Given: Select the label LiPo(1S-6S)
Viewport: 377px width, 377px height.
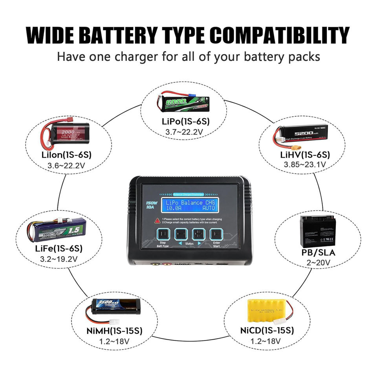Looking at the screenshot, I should click(x=186, y=121).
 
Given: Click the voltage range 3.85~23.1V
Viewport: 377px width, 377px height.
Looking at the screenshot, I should click(x=304, y=164).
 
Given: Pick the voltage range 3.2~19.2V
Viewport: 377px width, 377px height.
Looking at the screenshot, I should click(x=59, y=259).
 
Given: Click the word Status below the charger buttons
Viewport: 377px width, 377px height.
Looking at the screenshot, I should click(x=189, y=244).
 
